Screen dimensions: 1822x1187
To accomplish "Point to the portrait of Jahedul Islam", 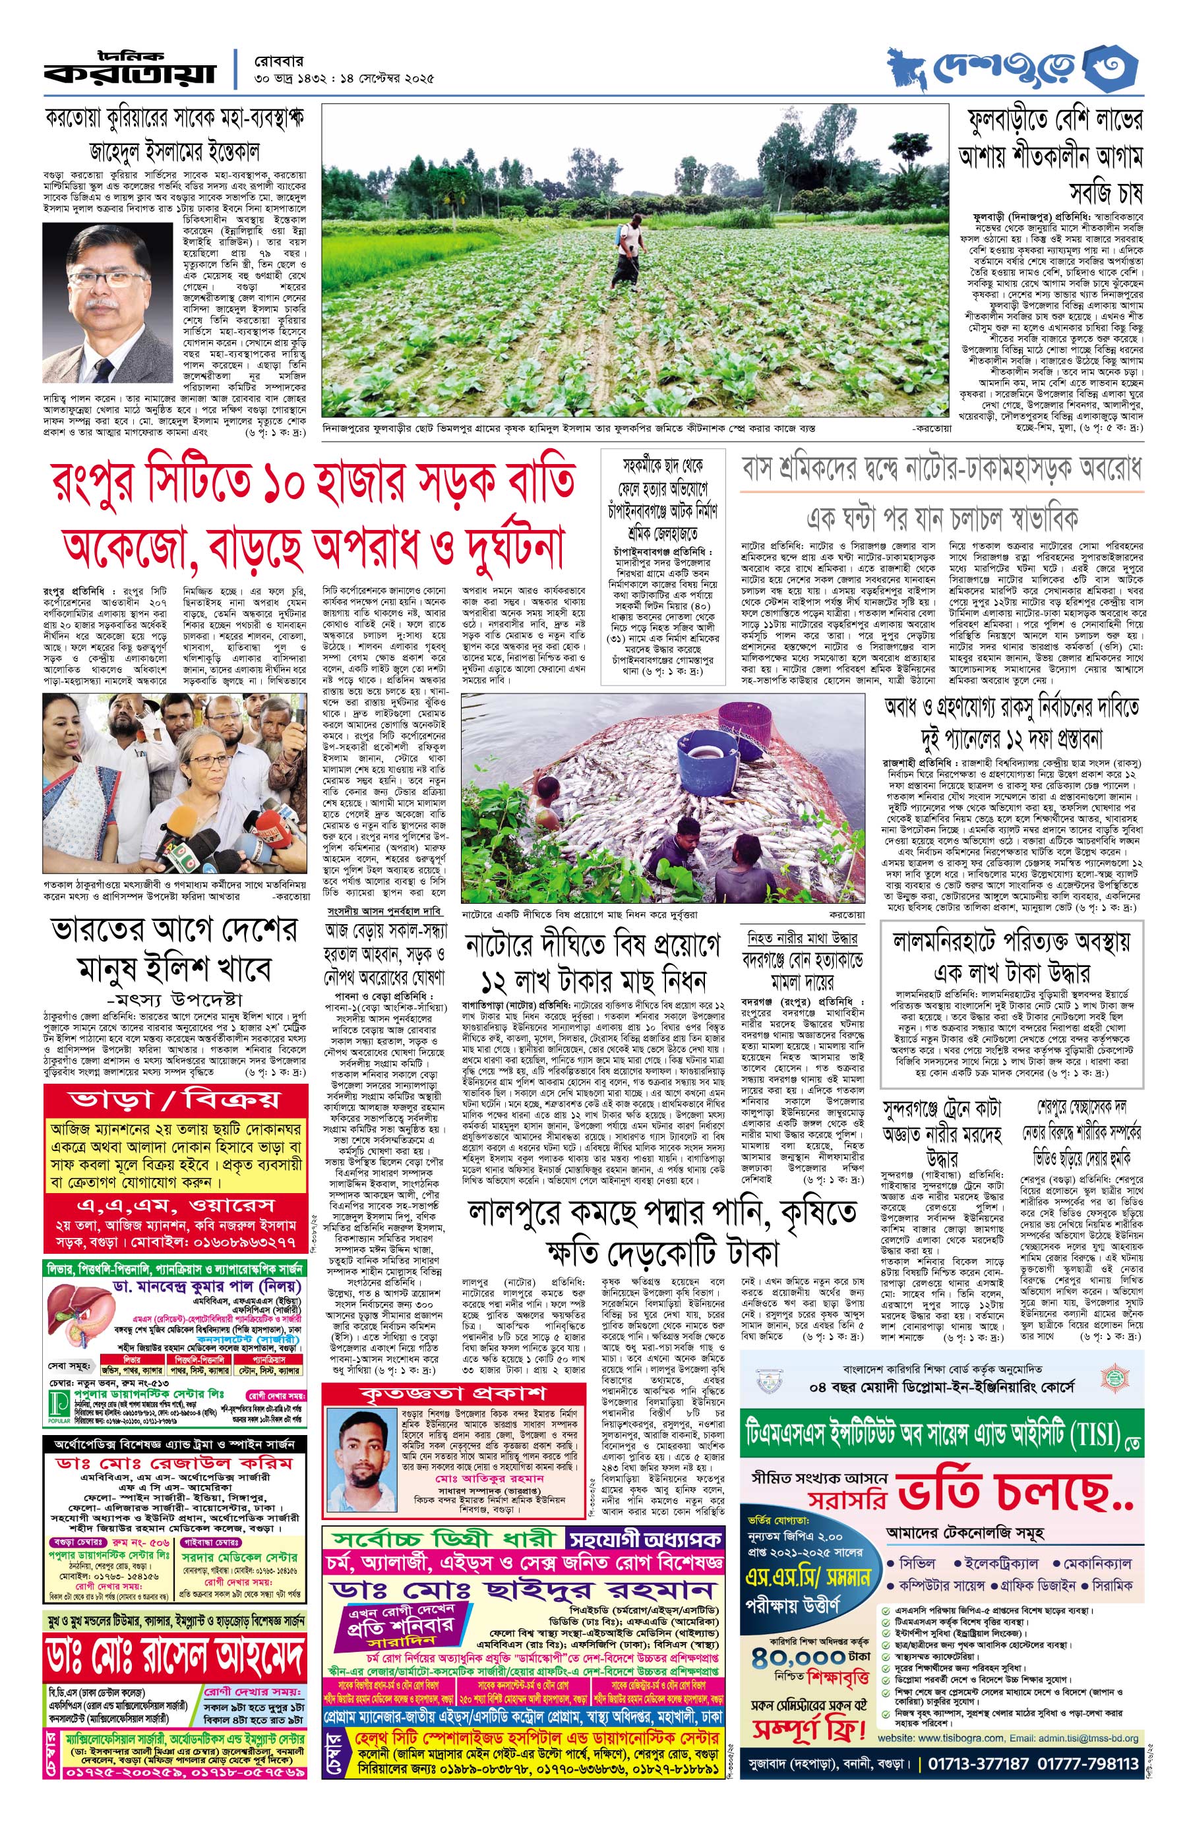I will click(x=108, y=305).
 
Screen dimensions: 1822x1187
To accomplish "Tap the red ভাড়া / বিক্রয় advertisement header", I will click(x=175, y=1100).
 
